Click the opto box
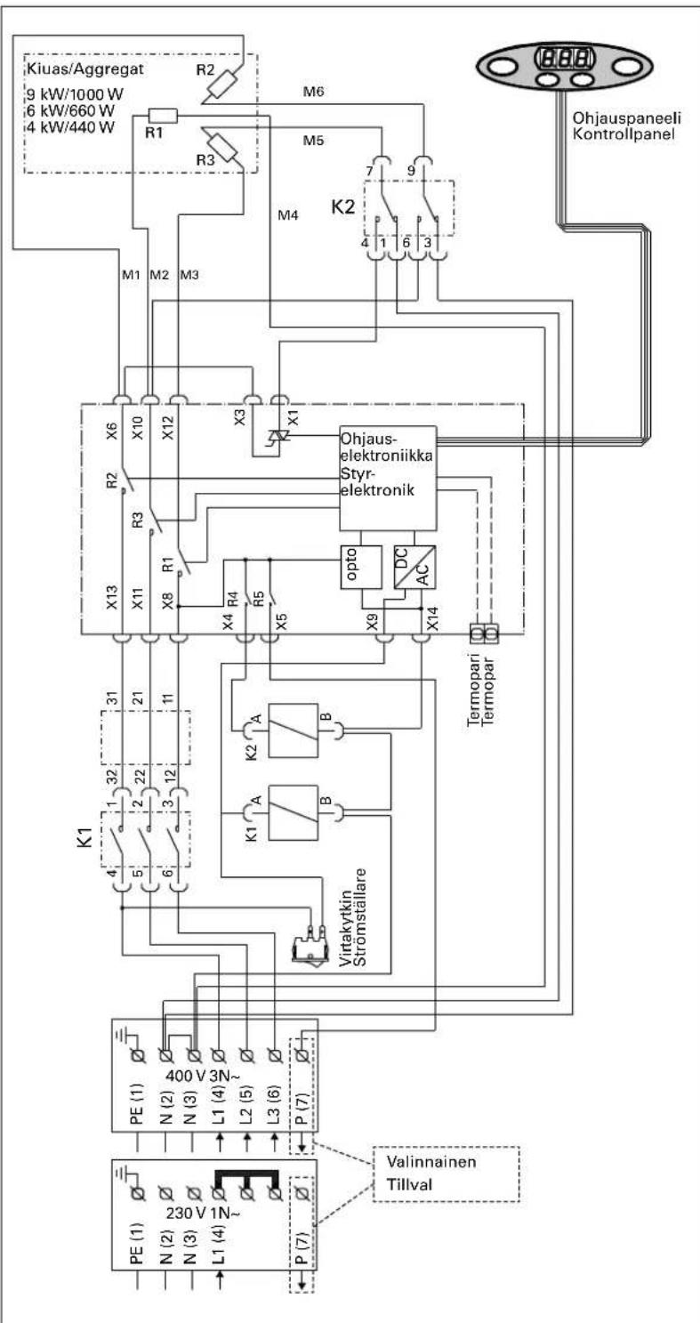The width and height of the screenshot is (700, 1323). point(360,567)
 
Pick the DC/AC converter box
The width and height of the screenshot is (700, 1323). point(414,567)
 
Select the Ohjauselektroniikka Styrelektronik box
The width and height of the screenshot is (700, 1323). point(388,478)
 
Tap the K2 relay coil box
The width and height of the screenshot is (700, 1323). point(293,730)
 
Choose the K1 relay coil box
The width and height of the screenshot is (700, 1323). point(293,812)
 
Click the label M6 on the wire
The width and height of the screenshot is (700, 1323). point(313,92)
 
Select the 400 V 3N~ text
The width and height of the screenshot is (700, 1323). point(203,1076)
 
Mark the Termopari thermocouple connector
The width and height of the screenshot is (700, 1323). point(484,633)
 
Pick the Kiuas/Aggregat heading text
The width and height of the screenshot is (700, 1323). point(85,69)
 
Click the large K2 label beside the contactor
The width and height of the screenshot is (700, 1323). point(343,207)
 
